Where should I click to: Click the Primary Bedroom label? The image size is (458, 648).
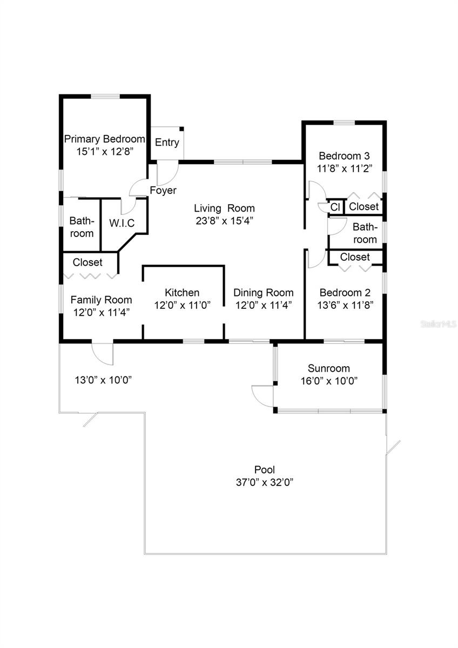[104, 139]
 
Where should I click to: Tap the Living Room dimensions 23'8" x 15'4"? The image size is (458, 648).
[225, 221]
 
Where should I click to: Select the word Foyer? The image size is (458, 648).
[163, 190]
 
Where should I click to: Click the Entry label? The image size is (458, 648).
[167, 143]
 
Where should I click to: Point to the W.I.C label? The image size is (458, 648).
[122, 223]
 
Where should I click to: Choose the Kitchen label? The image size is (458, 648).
[182, 293]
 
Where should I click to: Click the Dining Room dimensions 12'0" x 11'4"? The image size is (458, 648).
[263, 305]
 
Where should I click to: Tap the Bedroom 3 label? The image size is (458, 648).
[344, 156]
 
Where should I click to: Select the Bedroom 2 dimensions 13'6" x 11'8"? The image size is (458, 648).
[345, 305]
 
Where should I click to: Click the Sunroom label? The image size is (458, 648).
[329, 368]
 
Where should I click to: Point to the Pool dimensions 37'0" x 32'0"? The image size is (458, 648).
[265, 482]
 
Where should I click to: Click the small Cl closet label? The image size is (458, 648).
[335, 207]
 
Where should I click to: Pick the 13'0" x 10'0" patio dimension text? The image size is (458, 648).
[103, 380]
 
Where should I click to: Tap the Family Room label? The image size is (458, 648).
[101, 300]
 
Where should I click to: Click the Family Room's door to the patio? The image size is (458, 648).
[102, 354]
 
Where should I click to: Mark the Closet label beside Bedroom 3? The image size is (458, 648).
[363, 206]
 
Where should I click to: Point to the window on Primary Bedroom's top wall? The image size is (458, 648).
[105, 96]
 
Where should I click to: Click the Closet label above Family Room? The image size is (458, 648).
[87, 262]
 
